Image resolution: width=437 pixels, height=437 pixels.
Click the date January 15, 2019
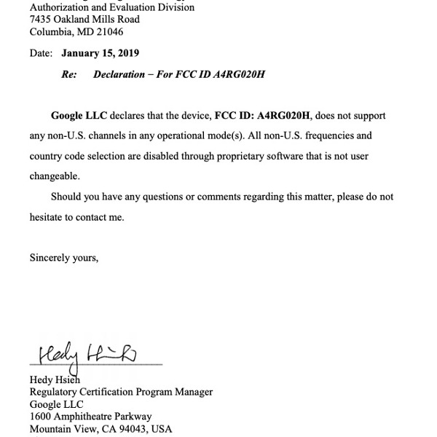(x=100, y=53)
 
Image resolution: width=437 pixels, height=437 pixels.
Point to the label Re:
(x=69, y=75)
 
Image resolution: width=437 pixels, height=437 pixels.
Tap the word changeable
(x=55, y=176)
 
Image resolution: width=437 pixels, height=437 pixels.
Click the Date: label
(x=41, y=53)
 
